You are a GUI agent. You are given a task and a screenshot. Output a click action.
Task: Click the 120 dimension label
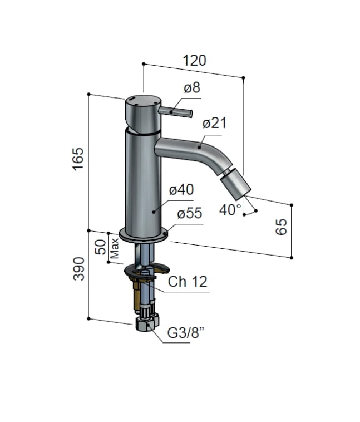[194, 61]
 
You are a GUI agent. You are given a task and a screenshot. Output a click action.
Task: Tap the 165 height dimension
[78, 159]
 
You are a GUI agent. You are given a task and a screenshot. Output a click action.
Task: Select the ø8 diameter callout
[192, 88]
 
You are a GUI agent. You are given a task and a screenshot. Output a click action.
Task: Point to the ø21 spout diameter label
[214, 123]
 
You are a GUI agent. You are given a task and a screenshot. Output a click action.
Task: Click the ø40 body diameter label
[181, 190]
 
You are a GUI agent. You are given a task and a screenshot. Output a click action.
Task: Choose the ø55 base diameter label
[189, 213]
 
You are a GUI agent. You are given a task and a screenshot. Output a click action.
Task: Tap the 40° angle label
[230, 210]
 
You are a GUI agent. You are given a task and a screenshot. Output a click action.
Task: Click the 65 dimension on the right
[282, 227]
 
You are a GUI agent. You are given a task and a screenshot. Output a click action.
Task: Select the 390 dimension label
[79, 269]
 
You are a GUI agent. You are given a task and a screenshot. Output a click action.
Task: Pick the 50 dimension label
[101, 247]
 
